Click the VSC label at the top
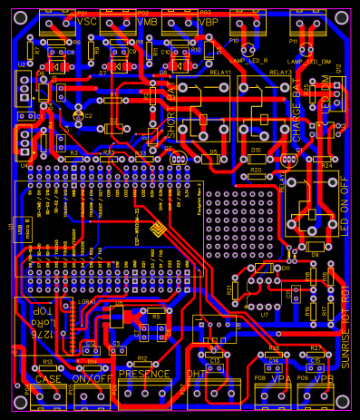click(x=87, y=20)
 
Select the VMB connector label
click(x=148, y=20)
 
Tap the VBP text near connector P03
click(x=208, y=20)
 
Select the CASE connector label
click(x=47, y=377)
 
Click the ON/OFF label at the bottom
click(x=91, y=377)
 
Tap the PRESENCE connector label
click(x=144, y=374)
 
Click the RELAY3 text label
click(x=280, y=72)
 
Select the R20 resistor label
click(x=256, y=170)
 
